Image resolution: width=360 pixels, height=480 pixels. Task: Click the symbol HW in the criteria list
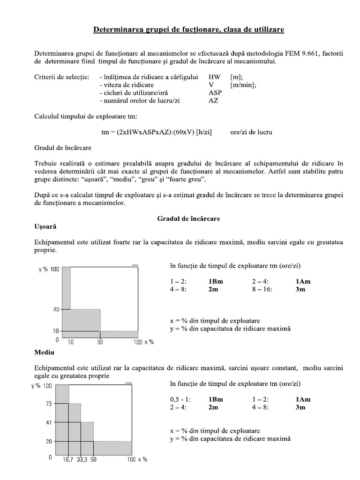point(214,76)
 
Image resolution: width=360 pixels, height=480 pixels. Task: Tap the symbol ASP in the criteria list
point(215,92)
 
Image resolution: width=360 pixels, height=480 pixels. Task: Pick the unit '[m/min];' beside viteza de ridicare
point(243,84)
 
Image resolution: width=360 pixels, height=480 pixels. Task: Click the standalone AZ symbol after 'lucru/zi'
point(213,100)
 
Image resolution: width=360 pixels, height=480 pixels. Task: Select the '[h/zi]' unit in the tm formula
point(203,132)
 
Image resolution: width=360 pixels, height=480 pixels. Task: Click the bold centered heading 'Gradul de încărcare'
point(188,218)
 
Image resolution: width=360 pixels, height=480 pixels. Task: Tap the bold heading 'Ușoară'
point(45,226)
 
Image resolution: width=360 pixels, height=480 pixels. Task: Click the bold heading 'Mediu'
point(45,351)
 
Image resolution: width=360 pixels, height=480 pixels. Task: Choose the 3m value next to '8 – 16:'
point(300,290)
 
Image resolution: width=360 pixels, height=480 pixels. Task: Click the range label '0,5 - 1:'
point(180,399)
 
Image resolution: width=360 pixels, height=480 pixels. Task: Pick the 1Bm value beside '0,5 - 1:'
point(216,399)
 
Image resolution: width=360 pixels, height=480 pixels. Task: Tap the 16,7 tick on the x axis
point(68,460)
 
